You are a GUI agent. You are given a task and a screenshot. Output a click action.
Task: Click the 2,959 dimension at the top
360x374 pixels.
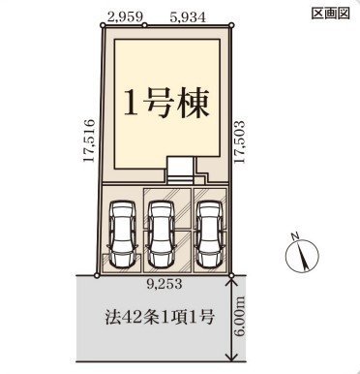tap(126, 17)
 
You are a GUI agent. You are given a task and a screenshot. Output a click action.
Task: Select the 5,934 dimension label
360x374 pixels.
tap(187, 17)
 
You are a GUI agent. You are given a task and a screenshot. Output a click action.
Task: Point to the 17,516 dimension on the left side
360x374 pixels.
tap(89, 140)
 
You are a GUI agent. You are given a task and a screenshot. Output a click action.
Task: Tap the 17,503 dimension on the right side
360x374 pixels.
tap(240, 141)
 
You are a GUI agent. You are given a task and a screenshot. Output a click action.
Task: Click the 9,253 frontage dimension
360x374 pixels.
tap(165, 284)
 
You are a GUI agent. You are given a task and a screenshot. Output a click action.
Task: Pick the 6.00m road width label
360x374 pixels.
tap(240, 317)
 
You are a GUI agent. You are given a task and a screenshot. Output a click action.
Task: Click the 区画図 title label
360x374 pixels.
tap(330, 14)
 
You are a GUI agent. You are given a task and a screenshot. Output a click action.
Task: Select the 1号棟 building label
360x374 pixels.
tap(165, 103)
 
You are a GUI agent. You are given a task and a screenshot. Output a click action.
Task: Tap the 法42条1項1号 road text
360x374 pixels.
tap(159, 317)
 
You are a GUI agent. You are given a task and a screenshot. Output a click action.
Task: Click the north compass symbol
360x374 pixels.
tap(302, 254)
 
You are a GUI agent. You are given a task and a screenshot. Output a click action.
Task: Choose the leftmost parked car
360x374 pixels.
tap(122, 234)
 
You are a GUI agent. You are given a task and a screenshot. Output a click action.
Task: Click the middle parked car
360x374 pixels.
tap(161, 234)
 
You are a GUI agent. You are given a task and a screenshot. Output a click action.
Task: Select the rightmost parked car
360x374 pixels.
tap(211, 234)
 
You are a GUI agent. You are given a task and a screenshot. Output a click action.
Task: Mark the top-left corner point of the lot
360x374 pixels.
tap(103, 25)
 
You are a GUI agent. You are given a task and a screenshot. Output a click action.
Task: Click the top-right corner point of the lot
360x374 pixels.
tap(231, 25)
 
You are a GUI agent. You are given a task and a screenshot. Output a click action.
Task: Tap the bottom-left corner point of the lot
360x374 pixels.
tap(97, 275)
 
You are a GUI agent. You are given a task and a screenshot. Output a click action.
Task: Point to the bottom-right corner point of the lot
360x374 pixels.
tap(231, 275)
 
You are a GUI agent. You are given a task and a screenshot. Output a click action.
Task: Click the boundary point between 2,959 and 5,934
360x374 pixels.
tap(145, 25)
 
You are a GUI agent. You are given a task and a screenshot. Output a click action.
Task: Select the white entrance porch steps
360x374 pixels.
tap(180, 171)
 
